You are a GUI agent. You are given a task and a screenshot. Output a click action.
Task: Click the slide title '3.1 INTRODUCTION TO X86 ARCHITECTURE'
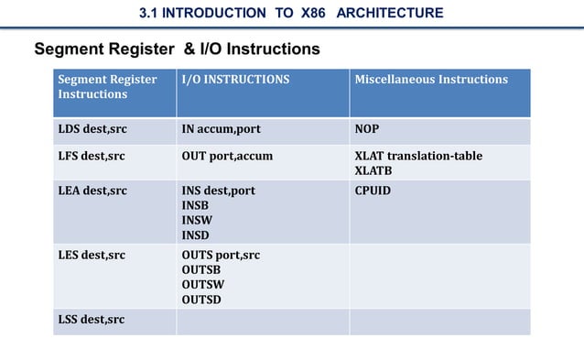291,13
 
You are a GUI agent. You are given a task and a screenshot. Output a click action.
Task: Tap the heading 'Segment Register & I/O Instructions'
177,49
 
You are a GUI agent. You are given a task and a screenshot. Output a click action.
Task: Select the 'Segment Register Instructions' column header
107,86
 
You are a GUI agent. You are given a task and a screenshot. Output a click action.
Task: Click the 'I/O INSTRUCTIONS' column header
235,80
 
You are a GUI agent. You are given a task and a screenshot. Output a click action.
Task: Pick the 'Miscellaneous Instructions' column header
430,80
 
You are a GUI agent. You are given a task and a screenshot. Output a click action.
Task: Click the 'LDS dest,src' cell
92,129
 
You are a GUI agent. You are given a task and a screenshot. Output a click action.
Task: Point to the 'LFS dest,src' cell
92,156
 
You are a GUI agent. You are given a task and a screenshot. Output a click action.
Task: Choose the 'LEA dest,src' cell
92,191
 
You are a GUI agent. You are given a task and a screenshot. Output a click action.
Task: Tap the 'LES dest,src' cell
92,255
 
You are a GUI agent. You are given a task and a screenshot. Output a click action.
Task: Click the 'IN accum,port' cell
221,129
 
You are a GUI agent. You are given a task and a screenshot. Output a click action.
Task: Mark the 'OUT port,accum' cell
227,156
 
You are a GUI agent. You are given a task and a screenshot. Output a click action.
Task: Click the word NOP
366,129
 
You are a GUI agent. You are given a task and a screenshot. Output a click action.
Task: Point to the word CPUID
373,191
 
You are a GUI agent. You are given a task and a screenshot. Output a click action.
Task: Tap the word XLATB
373,170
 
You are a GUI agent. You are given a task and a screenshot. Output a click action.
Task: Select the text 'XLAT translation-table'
417,156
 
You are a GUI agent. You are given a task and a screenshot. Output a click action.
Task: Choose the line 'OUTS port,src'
221,255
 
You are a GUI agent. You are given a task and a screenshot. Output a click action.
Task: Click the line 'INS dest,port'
218,191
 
